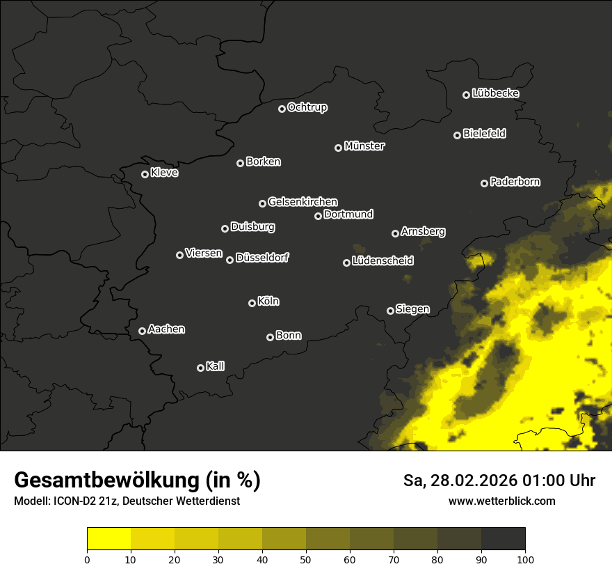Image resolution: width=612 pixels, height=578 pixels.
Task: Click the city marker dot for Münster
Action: (339, 148)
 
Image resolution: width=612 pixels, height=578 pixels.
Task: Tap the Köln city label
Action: (268, 302)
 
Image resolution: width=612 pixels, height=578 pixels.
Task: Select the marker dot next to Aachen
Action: (143, 331)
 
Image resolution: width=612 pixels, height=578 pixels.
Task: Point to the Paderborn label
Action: (515, 182)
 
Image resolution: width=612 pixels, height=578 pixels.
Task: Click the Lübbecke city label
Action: (495, 93)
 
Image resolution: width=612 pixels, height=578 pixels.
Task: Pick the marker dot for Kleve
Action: (145, 174)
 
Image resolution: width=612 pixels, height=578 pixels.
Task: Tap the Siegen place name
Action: (412, 309)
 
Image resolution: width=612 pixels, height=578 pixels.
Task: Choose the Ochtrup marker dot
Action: (282, 109)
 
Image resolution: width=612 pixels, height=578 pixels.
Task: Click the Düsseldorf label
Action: (262, 258)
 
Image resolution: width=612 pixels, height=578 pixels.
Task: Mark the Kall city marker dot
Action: (201, 368)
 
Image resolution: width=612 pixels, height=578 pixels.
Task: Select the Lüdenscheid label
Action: (382, 261)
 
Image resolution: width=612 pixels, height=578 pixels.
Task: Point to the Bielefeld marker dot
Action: (458, 135)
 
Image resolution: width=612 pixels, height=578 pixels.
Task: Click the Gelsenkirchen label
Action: (303, 202)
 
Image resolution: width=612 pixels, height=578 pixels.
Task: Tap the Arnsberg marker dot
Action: (395, 233)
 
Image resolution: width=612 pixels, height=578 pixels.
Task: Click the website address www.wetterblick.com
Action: (502, 501)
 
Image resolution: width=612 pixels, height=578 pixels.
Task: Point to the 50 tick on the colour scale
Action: (306, 559)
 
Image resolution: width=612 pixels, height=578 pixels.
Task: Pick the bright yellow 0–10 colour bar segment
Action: (109, 539)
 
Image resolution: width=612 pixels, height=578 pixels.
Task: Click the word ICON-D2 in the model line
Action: (74, 501)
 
